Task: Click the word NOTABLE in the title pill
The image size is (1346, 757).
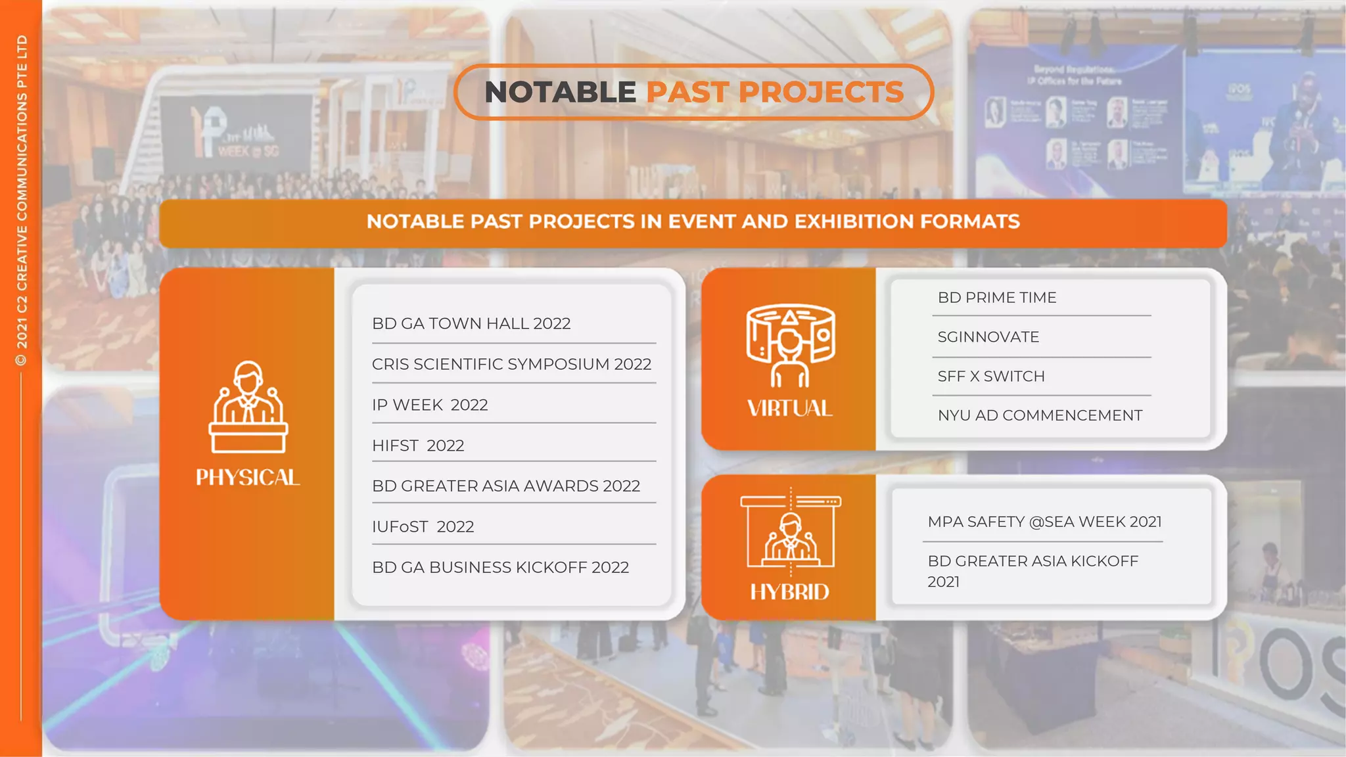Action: pos(560,92)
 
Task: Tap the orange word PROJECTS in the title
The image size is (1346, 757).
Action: pos(821,92)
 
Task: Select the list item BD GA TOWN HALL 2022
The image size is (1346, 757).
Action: pos(471,323)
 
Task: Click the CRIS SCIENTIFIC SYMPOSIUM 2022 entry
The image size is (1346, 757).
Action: pos(511,364)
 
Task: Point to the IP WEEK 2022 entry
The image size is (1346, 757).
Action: pos(430,405)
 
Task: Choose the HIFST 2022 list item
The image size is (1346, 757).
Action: pos(418,446)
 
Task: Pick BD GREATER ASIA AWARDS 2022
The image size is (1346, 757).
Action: pos(505,486)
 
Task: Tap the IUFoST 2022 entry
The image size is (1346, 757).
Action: pos(423,526)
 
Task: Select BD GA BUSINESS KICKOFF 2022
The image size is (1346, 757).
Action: pos(500,567)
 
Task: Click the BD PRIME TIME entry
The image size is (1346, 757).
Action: pos(996,298)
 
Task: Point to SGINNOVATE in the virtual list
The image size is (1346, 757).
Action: pos(988,337)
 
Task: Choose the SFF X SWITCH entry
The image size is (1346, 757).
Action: pos(990,377)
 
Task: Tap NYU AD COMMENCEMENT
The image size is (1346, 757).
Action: pos(1040,415)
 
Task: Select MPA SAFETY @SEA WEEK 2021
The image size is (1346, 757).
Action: pos(1044,522)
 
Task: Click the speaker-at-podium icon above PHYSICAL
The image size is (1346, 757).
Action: pos(248,407)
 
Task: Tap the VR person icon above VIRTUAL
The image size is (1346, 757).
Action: pos(790,346)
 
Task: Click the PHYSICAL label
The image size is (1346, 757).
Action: pos(248,477)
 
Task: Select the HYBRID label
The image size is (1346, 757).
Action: pos(789,592)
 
